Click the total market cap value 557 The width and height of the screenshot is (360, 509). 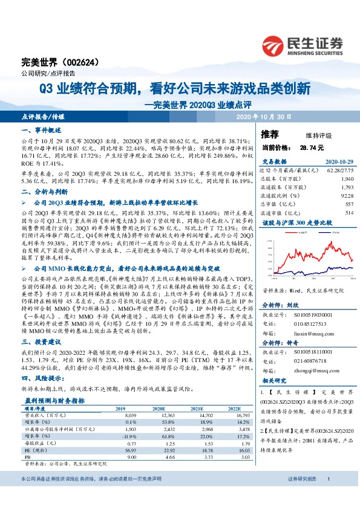pyautogui.click(x=349, y=204)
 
